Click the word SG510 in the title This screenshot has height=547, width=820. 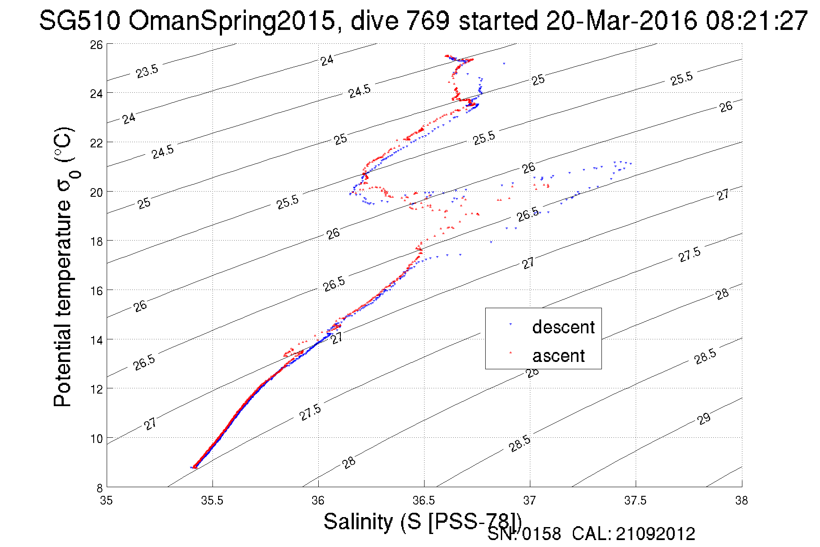(79, 21)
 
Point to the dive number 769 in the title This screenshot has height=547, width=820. (427, 21)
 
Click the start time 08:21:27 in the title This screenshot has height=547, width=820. (756, 21)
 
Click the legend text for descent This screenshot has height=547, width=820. (563, 327)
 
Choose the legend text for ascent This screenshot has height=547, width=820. (559, 356)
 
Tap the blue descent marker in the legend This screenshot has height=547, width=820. (510, 324)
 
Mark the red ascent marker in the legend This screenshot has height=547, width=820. (510, 352)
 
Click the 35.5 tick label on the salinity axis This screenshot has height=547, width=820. (212, 501)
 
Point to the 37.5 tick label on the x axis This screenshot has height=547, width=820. (635, 501)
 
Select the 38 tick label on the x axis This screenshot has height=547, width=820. (742, 501)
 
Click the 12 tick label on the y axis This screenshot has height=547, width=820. (97, 389)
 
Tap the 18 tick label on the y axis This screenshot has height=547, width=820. (97, 241)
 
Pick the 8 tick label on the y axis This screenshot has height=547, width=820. (99, 488)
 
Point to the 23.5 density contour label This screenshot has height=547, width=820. (147, 71)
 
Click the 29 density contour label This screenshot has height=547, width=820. (704, 419)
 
